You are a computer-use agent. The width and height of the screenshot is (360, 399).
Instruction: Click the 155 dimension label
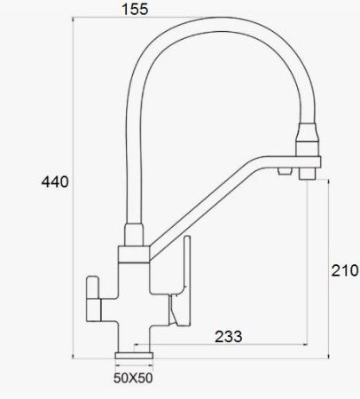point(135,9)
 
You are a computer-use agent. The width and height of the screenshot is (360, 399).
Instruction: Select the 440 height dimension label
point(55,182)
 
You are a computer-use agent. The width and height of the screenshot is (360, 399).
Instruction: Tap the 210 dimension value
point(345,270)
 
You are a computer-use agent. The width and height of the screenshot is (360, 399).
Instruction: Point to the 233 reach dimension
point(228,336)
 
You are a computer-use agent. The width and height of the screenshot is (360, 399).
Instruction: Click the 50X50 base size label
point(133,378)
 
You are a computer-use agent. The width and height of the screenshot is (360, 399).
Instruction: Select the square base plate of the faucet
point(134,356)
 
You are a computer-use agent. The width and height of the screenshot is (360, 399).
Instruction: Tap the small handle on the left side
point(93,299)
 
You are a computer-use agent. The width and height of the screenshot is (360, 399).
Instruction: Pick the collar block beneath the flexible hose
point(134,254)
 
